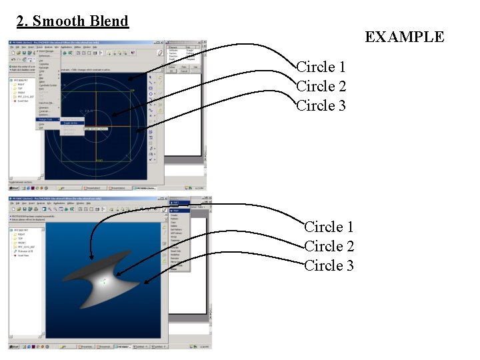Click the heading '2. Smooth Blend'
pos(72,21)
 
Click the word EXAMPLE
pos(404,37)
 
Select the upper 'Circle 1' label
pos(321,67)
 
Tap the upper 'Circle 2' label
pos(321,86)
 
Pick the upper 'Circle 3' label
pos(321,105)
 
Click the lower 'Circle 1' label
pos(329,227)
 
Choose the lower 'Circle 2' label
pos(329,246)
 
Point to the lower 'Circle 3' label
pos(329,265)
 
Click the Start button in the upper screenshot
pos(15,188)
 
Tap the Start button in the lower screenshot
pos(15,347)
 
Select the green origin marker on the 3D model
pos(102,281)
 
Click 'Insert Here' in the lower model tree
pos(23,255)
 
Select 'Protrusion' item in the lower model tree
pos(26,251)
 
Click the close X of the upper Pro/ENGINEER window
pos(161,43)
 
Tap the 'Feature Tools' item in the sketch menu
pos(47,119)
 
